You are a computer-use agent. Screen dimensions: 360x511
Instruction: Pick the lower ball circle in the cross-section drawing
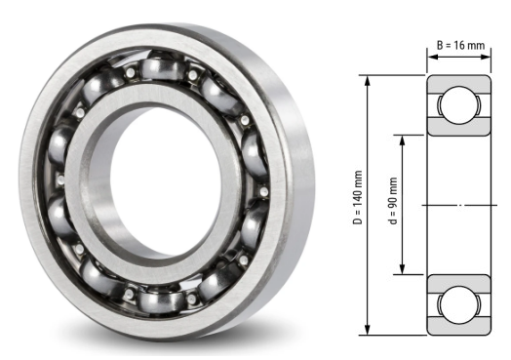tap(455, 303)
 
